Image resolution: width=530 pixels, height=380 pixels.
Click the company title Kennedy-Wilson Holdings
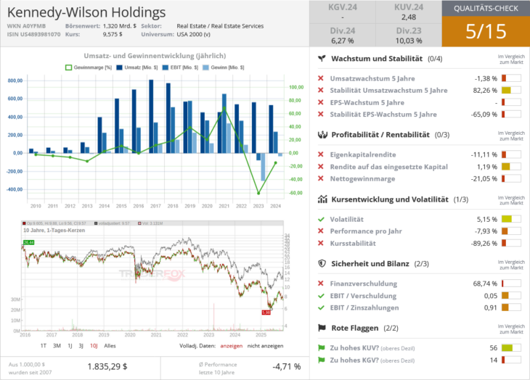(x=86, y=12)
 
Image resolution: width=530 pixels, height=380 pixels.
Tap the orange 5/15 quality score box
(x=485, y=32)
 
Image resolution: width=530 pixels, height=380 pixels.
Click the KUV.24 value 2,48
(x=409, y=17)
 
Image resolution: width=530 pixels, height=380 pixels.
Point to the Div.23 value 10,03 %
(x=409, y=41)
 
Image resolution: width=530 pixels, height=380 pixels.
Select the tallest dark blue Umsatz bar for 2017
(x=151, y=116)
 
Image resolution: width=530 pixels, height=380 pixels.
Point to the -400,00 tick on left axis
(x=14, y=189)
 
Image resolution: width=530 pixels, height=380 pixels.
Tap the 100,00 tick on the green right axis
(x=295, y=87)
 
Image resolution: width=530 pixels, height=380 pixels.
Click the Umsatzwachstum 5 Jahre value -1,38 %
(x=485, y=78)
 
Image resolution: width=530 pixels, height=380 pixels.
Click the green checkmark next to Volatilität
(x=321, y=219)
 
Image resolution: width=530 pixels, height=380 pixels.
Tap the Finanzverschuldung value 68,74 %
(x=484, y=284)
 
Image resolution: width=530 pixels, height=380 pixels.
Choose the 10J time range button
(x=94, y=346)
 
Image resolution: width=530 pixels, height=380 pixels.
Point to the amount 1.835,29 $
(x=107, y=367)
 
